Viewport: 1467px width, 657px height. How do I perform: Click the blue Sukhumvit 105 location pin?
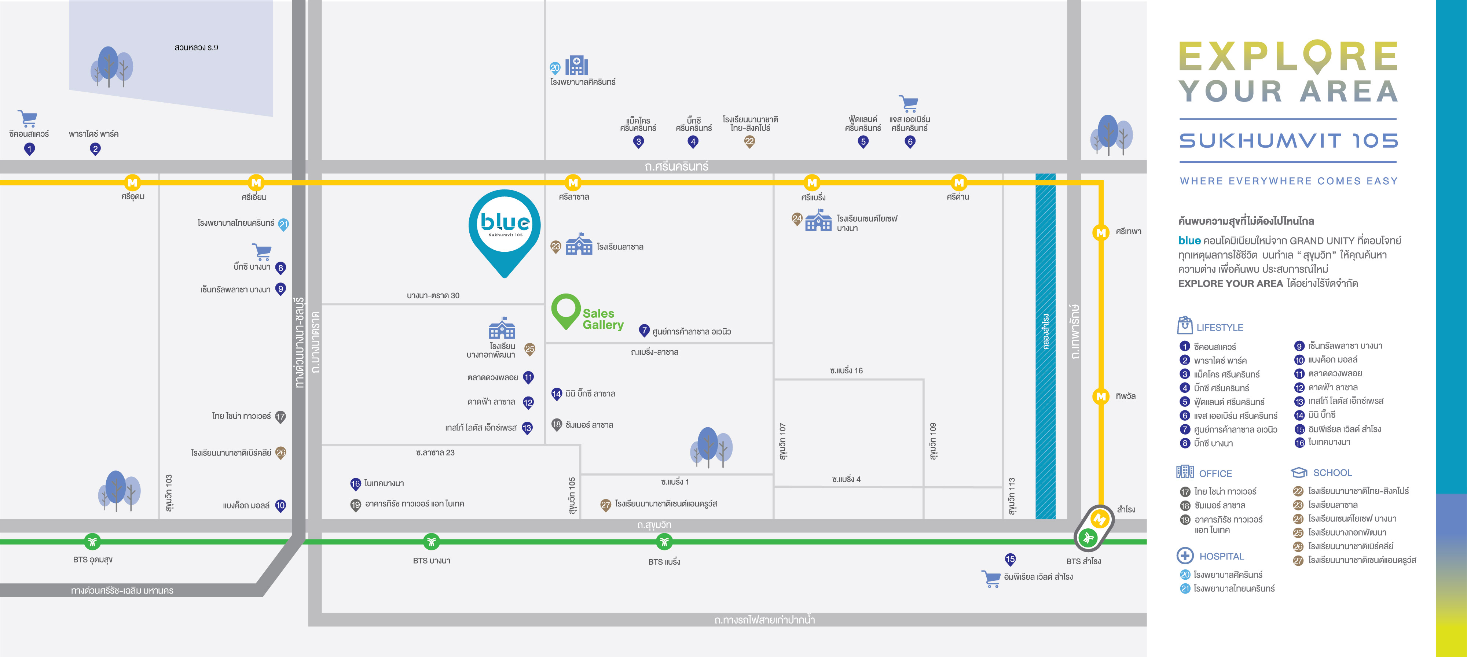point(505,233)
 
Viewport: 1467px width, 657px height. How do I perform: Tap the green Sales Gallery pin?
point(565,311)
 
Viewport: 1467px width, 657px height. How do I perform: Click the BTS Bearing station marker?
point(664,542)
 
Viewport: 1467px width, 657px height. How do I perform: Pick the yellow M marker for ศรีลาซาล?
point(573,183)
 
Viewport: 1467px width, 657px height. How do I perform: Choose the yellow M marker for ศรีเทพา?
point(1101,232)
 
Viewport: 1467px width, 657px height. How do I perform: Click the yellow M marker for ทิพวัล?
point(1101,396)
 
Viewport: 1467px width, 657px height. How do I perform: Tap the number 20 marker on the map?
point(555,68)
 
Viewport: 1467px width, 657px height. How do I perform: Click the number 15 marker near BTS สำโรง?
point(1010,560)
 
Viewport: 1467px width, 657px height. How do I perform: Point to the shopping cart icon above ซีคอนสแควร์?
point(27,118)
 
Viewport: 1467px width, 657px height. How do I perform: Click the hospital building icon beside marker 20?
point(576,66)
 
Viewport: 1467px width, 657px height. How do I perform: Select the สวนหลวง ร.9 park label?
point(197,47)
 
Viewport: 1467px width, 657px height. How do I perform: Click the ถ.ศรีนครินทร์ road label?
point(676,166)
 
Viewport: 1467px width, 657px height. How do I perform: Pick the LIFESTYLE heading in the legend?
point(1220,327)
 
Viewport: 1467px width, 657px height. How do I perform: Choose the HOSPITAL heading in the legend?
point(1222,556)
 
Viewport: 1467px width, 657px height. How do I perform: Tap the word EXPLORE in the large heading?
point(1288,56)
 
